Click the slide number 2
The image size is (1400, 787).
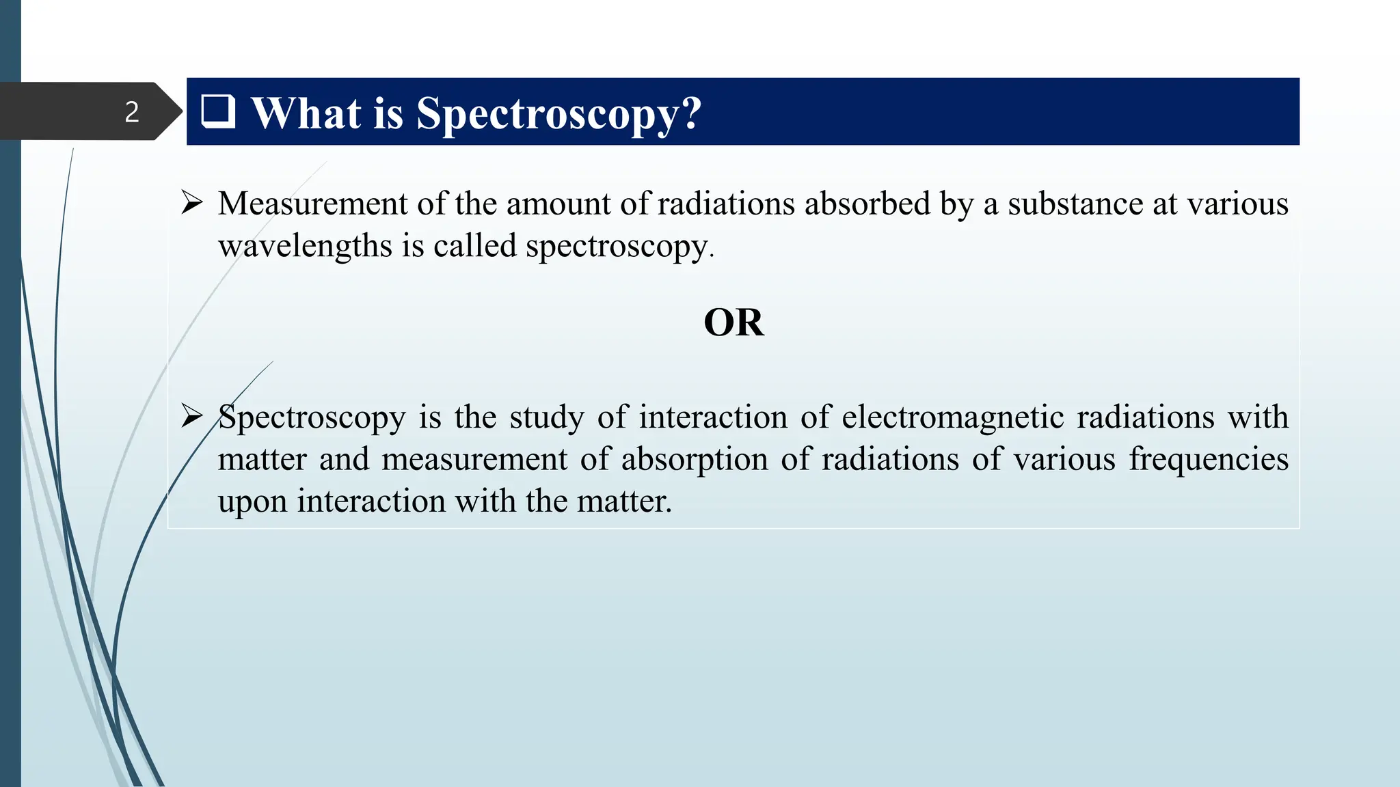pyautogui.click(x=132, y=112)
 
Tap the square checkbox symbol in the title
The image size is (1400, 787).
pyautogui.click(x=218, y=111)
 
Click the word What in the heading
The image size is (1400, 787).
pyautogui.click(x=306, y=113)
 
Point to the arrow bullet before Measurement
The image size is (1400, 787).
pyautogui.click(x=192, y=203)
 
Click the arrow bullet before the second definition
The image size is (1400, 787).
pyautogui.click(x=192, y=415)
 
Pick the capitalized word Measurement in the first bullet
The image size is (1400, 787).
pyautogui.click(x=312, y=204)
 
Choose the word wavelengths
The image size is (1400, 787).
pyautogui.click(x=305, y=246)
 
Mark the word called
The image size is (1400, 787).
pyautogui.click(x=474, y=246)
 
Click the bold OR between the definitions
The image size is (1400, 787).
pyautogui.click(x=733, y=322)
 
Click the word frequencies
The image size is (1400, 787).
pyautogui.click(x=1208, y=459)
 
